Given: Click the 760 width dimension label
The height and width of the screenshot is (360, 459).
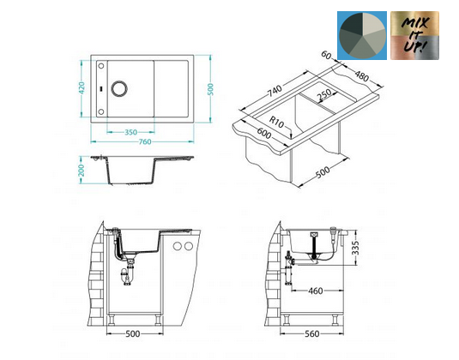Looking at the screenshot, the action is (145, 141).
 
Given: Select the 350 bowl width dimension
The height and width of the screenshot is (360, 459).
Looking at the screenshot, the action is (130, 132).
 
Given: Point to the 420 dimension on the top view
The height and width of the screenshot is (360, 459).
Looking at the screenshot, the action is (82, 88).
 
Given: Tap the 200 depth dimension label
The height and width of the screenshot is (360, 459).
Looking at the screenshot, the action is (82, 171).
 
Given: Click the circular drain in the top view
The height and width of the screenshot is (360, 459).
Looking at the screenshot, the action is (119, 88).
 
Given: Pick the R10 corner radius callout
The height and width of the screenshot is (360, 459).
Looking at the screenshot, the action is (276, 122).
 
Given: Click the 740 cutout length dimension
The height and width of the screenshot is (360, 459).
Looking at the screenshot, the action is (275, 91).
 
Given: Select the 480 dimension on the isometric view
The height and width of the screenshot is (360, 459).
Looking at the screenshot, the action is (361, 76).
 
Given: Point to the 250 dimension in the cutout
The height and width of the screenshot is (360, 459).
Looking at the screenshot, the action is (324, 94).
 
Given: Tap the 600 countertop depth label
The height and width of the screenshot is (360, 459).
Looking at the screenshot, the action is (263, 134).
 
